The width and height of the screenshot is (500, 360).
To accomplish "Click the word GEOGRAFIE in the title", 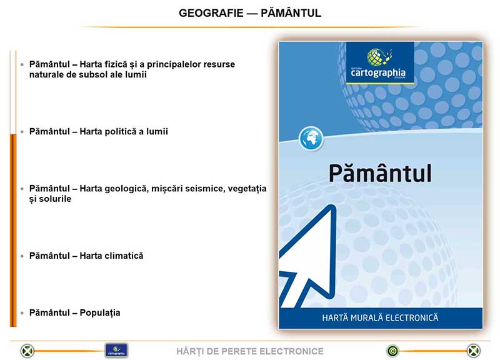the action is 211,13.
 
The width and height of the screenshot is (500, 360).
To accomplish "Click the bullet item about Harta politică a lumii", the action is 99,131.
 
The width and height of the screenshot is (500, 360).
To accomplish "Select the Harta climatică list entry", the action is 86,256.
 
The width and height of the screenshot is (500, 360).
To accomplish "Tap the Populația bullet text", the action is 75,312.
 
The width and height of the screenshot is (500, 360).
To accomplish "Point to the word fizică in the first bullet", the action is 114,64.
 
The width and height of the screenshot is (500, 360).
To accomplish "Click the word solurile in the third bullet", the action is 55,199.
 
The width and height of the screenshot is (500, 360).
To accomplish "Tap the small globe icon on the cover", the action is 311,138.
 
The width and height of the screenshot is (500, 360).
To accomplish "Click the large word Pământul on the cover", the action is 380,173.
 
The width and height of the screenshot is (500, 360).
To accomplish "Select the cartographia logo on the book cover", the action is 380,63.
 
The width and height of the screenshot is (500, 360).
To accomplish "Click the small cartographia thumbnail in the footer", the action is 116,351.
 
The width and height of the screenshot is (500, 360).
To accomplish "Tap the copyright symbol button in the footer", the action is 393,351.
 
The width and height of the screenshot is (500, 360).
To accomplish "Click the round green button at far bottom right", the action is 474,351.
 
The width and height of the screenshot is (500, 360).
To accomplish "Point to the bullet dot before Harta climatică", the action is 22,256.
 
